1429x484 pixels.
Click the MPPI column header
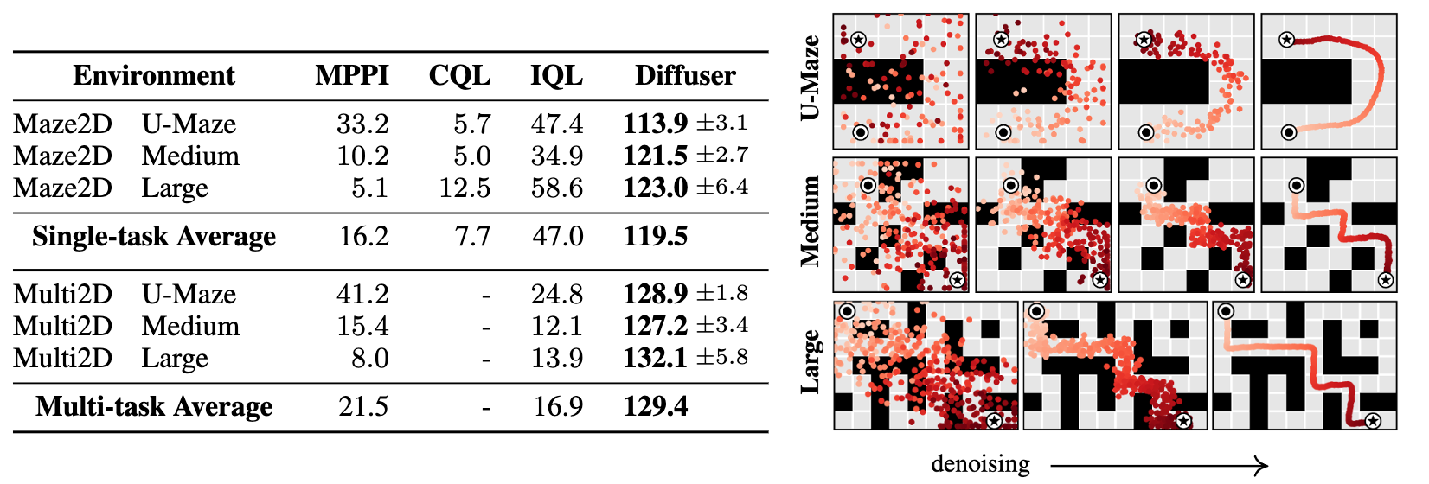(352, 75)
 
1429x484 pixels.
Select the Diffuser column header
(685, 75)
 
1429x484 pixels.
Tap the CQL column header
(459, 75)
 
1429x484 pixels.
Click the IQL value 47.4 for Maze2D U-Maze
(556, 124)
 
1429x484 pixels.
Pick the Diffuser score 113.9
(655, 124)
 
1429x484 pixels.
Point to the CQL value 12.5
(465, 188)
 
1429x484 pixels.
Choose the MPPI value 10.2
(362, 156)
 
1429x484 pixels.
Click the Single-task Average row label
(154, 236)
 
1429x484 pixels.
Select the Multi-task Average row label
(154, 406)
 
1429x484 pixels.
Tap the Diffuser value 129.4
(656, 406)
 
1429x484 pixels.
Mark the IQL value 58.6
(556, 188)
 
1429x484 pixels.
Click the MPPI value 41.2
(362, 294)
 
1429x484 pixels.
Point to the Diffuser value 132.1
(655, 358)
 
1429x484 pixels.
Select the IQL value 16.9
(558, 406)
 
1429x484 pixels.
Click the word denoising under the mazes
(980, 464)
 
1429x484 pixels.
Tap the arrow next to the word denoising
(1159, 466)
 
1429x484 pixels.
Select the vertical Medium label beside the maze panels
(811, 221)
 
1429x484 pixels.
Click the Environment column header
(154, 75)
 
